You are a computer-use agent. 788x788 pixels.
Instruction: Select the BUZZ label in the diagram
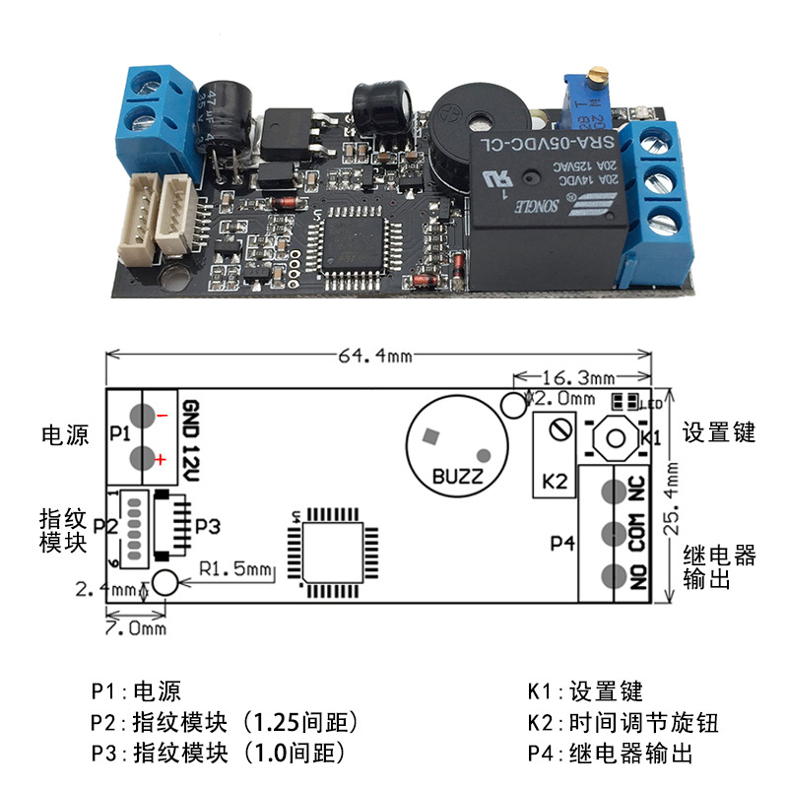click(457, 478)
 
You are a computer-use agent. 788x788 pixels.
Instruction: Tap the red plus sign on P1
click(160, 459)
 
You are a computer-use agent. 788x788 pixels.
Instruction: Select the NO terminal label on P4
click(638, 576)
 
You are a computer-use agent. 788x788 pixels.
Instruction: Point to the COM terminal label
click(638, 533)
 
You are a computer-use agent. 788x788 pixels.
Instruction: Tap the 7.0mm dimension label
click(136, 627)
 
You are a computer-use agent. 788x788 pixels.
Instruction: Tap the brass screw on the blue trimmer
click(594, 75)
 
